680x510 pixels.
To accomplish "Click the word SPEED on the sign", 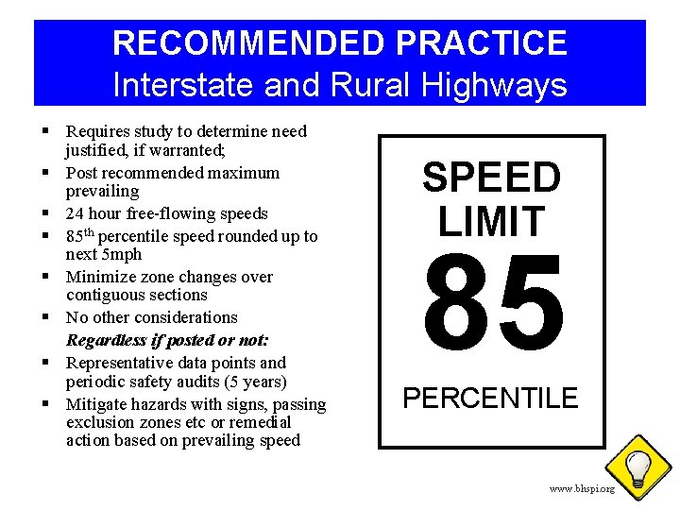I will click(491, 178).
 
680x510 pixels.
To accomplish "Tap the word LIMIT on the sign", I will click(491, 221).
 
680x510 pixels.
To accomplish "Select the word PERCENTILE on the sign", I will click(490, 399).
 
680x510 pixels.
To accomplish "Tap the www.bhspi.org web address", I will click(582, 489).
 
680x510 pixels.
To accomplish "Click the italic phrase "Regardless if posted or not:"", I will click(167, 340).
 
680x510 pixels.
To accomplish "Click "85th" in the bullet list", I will click(83, 236).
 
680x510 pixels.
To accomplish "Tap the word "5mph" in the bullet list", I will click(123, 254).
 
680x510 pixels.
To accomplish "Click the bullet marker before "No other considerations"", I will click(45, 317).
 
